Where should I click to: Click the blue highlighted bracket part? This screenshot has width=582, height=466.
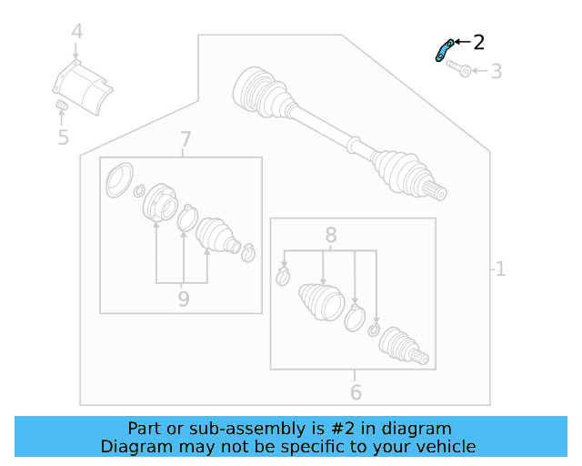(x=444, y=51)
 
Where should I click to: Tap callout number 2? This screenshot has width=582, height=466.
(x=479, y=43)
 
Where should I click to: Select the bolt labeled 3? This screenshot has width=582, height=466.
(x=458, y=68)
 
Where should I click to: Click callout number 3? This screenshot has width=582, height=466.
(x=497, y=71)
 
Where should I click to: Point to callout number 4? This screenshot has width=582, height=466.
(x=76, y=32)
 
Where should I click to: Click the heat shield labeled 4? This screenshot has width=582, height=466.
(x=83, y=87)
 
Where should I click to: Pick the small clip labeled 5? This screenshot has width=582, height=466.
(x=62, y=106)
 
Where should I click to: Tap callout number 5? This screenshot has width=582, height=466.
(x=64, y=137)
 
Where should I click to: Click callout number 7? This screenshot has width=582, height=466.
(x=186, y=140)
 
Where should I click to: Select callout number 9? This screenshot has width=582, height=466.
(x=184, y=299)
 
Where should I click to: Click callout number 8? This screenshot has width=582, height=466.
(x=331, y=235)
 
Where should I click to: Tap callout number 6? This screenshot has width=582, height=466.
(x=356, y=392)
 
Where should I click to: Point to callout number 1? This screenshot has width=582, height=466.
(x=501, y=268)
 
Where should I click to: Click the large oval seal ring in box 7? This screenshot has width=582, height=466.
(x=119, y=180)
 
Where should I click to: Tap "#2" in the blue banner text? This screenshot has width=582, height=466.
(x=343, y=429)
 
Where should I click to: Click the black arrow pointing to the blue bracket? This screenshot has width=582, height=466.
(x=462, y=42)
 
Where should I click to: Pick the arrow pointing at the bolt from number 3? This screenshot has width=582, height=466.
(x=479, y=71)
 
